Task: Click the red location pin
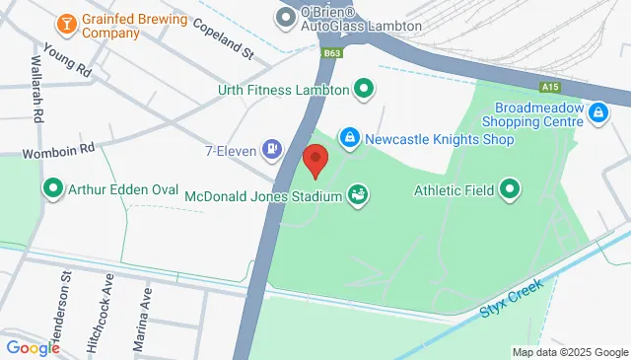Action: click(315, 161)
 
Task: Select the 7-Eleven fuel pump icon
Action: click(270, 150)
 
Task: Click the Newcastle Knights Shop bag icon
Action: click(349, 139)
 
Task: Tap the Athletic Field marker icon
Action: click(510, 187)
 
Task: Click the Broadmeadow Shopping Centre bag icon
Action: click(597, 114)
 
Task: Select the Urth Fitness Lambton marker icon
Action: click(363, 91)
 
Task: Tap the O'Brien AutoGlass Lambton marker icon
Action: click(286, 16)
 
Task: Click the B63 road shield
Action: click(333, 52)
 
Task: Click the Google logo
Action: click(33, 347)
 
